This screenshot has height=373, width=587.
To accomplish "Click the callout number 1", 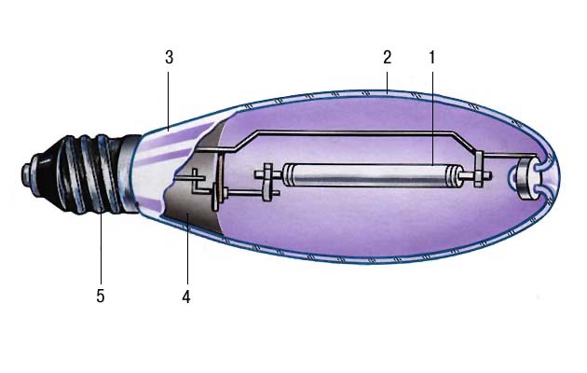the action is point(432,57).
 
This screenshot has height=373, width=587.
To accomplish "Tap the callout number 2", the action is point(387,57).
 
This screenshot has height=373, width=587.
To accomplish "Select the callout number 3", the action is point(170,58).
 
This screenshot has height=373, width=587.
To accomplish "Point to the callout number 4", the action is point(186,297).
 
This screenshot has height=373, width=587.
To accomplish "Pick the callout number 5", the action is point(101,296).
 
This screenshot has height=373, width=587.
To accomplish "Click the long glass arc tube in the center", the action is point(369,175).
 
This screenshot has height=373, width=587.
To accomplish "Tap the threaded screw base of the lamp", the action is point(80,174).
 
